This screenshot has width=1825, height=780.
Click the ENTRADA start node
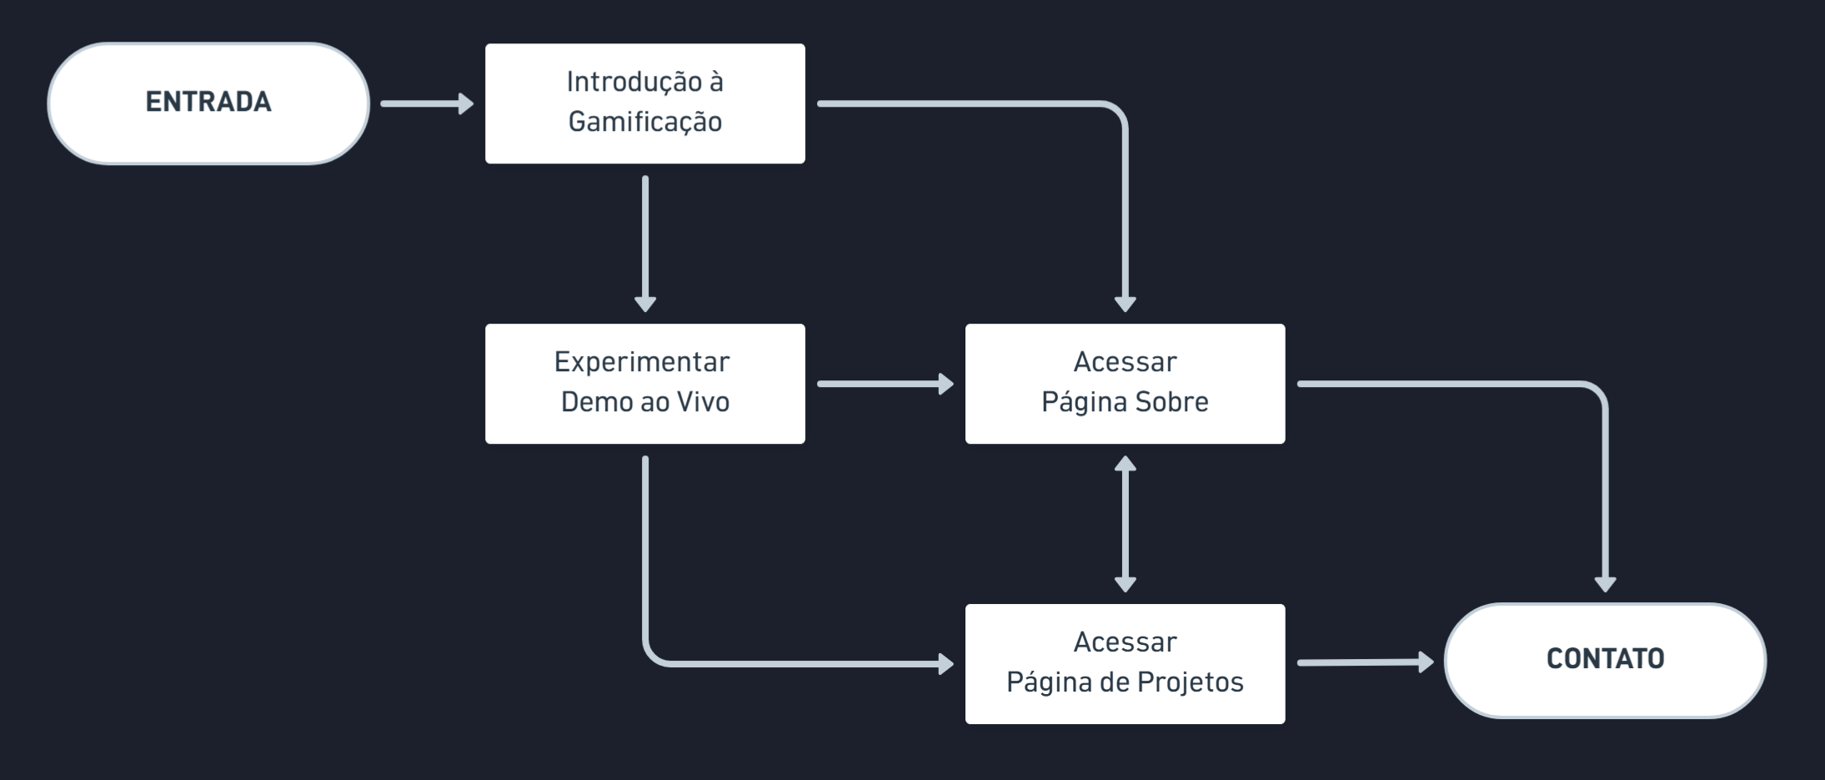(208, 103)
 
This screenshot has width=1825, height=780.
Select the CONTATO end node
(1605, 660)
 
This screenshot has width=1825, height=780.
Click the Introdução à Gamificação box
(645, 103)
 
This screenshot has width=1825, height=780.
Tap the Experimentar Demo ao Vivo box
(645, 384)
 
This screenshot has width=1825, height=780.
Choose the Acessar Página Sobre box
(1126, 384)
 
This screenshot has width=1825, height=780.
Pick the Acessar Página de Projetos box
(1126, 664)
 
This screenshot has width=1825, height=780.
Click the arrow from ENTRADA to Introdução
(427, 103)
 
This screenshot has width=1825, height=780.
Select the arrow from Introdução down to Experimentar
(645, 244)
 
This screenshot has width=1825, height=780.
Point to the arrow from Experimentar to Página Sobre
(885, 384)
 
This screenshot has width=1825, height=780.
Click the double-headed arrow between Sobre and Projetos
(1126, 524)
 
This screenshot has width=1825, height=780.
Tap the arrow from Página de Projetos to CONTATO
(1366, 662)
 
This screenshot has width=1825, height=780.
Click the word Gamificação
(645, 123)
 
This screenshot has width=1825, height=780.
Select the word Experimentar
(642, 363)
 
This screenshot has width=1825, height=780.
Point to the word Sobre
(1171, 402)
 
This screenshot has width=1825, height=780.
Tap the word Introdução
(634, 83)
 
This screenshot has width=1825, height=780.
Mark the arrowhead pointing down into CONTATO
(1606, 585)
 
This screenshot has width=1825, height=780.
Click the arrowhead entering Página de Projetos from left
(946, 664)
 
